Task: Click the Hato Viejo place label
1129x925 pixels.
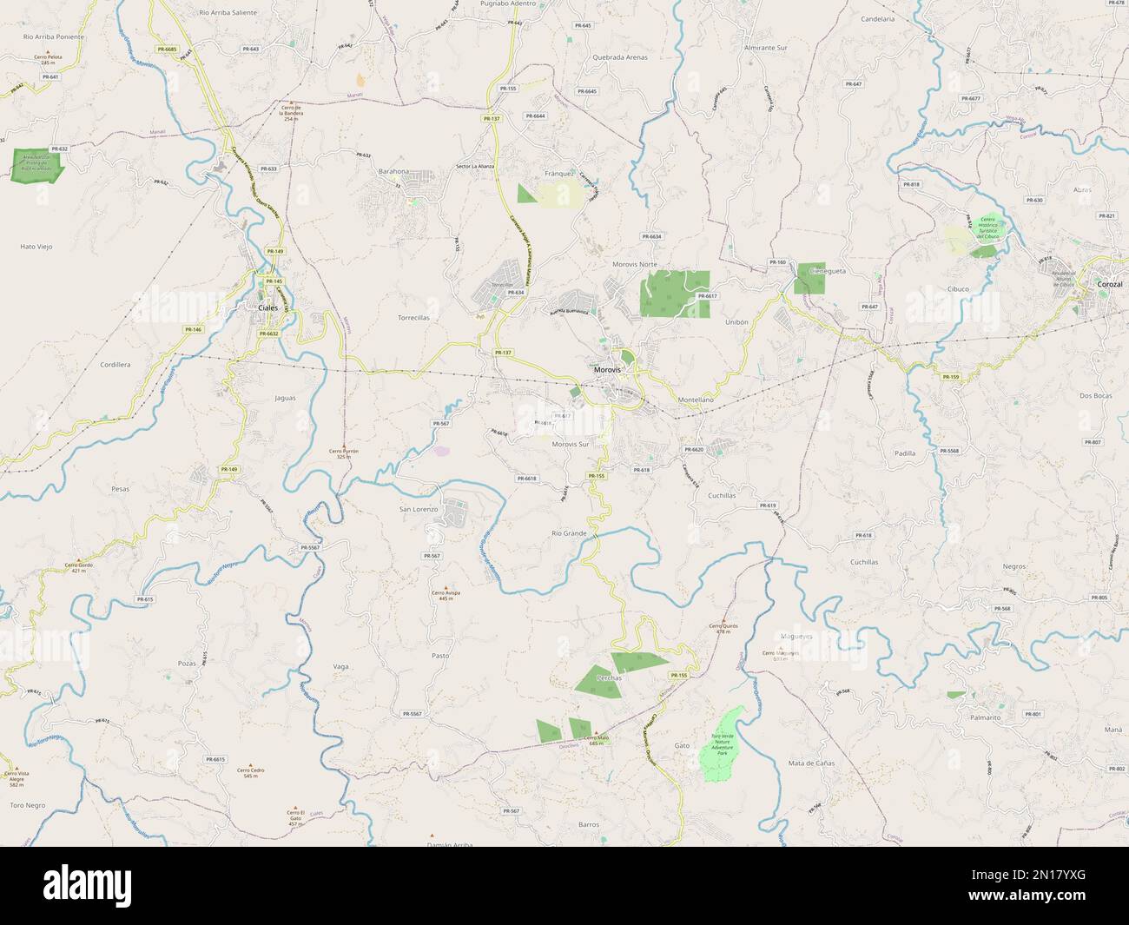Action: click(36, 247)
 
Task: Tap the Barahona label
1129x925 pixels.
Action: click(393, 172)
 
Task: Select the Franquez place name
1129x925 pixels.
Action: click(559, 173)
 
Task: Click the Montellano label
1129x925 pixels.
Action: click(696, 399)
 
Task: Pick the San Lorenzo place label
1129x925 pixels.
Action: click(418, 509)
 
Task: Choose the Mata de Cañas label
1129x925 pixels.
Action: click(811, 763)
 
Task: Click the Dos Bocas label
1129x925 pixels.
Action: click(1095, 395)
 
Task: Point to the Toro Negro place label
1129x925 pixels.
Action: click(27, 805)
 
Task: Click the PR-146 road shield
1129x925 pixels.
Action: click(193, 329)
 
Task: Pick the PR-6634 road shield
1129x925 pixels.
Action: click(651, 236)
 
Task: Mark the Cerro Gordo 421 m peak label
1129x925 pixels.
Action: click(78, 567)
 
